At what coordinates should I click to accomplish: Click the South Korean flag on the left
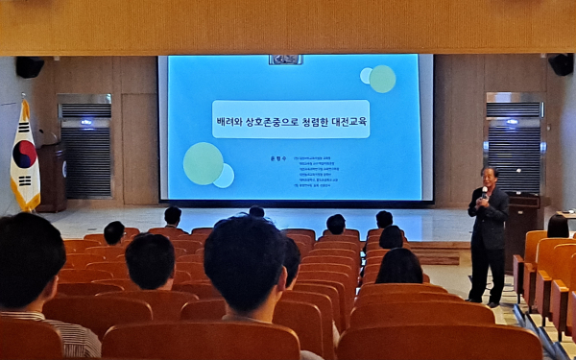[24, 158]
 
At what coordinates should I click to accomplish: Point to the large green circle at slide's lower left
[204, 163]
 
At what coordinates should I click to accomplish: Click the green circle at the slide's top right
[383, 79]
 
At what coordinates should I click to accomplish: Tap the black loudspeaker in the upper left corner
[29, 67]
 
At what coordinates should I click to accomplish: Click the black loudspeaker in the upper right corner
[561, 64]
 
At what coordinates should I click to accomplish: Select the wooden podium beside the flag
[52, 178]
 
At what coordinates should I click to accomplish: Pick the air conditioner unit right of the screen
[514, 144]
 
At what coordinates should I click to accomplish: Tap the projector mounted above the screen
[285, 60]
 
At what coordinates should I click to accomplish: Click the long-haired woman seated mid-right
[399, 267]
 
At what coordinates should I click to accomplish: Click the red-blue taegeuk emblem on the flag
[25, 154]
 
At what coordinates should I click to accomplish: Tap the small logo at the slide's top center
[285, 60]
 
